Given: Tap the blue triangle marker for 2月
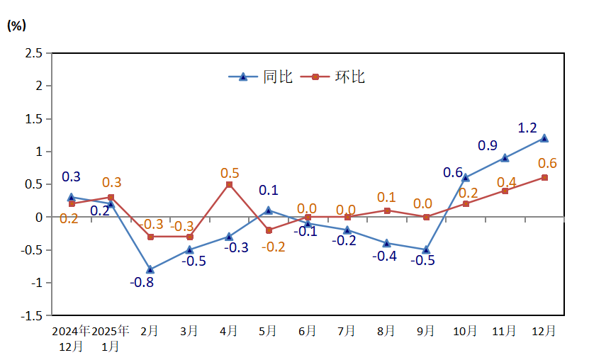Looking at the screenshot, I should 150,269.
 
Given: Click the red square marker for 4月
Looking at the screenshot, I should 229,184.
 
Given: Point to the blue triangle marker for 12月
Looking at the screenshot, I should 544,138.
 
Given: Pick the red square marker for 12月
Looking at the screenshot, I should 544,178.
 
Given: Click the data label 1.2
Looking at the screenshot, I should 527,128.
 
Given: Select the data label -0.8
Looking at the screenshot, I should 142,282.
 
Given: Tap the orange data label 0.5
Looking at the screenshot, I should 230,173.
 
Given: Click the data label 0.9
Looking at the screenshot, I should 488,145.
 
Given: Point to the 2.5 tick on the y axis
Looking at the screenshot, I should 33,53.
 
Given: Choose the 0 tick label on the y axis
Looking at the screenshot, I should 40,217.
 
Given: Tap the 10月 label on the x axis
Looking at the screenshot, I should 466,331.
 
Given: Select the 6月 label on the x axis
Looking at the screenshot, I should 308,331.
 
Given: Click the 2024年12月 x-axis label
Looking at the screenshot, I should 72,338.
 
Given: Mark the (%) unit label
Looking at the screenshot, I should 17,26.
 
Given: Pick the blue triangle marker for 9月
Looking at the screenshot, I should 426,249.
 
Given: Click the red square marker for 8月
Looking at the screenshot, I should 387,210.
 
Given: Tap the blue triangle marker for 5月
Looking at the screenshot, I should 269,210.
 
